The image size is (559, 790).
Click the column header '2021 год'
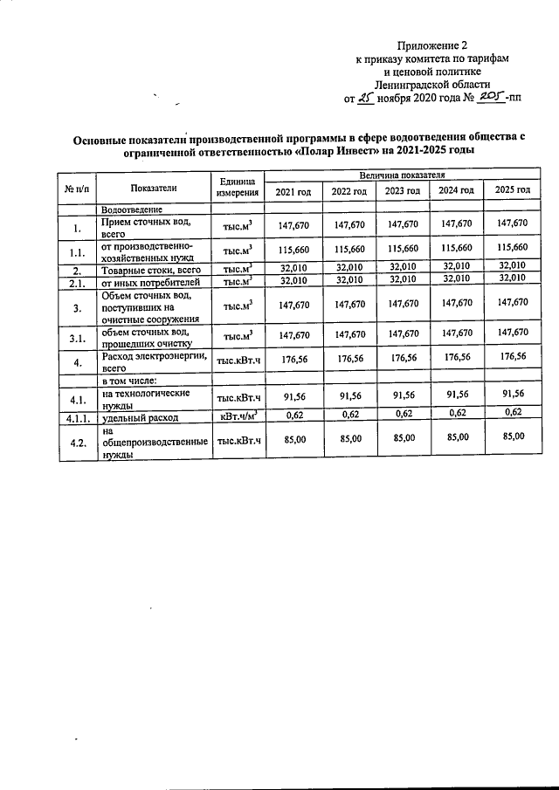click(293, 191)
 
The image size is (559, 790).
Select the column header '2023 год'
click(403, 191)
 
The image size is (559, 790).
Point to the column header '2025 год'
click(512, 190)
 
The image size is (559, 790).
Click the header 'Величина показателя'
click(401, 175)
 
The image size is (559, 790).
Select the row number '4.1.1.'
click(77, 418)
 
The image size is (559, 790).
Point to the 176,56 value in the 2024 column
click(457, 358)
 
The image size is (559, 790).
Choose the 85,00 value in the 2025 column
click(512, 436)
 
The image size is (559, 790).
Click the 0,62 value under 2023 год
click(403, 413)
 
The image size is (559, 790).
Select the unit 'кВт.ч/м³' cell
click(238, 417)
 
